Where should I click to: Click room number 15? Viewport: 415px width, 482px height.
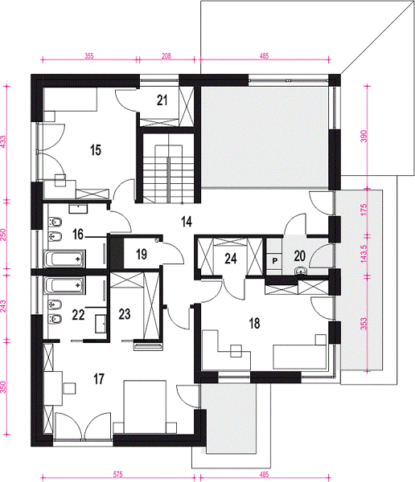[96, 150]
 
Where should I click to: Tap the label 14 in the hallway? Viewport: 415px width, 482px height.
[187, 222]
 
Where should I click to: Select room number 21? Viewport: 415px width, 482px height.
[162, 100]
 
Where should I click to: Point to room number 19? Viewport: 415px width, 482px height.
[142, 254]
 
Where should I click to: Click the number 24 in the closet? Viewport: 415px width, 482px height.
[231, 259]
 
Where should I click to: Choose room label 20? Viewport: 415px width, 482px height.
[299, 255]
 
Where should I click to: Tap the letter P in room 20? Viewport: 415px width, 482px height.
[275, 261]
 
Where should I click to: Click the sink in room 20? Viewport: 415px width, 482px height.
[301, 272]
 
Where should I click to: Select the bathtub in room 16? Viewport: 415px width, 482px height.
[65, 259]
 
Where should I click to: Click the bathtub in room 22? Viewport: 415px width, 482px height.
[65, 285]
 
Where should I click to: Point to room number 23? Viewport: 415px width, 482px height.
[125, 314]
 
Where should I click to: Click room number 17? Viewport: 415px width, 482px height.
[99, 379]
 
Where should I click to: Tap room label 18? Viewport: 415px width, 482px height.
[254, 324]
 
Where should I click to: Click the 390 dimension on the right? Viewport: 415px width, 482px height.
[364, 137]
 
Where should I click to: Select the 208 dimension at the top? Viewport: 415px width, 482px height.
[166, 56]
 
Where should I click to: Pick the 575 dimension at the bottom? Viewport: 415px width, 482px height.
[118, 474]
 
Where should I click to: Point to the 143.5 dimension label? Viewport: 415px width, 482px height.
[364, 254]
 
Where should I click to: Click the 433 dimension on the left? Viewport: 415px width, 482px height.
[3, 142]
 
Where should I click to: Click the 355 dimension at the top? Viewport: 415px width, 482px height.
[89, 56]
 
